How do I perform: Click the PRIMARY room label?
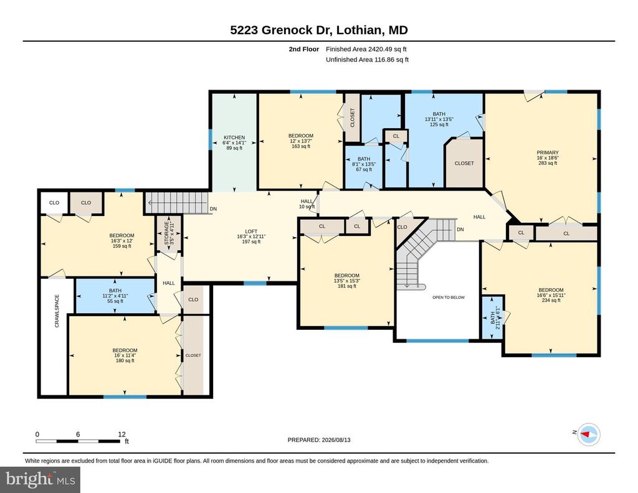click(547, 153)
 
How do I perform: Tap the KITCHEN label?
click(234, 138)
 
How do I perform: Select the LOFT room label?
click(251, 232)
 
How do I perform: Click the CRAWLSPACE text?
click(57, 311)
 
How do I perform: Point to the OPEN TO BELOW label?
click(449, 297)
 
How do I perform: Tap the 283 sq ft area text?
click(547, 163)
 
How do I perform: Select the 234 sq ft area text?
click(551, 301)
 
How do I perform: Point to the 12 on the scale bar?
click(121, 434)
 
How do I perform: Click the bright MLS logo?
click(40, 479)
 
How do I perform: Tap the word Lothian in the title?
click(359, 30)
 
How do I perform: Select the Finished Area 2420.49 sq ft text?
click(366, 49)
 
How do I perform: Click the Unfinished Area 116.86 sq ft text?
click(367, 60)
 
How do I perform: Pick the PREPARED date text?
click(319, 439)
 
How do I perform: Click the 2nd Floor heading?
click(304, 49)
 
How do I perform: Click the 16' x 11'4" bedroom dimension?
click(125, 355)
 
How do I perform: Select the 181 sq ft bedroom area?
click(346, 286)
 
